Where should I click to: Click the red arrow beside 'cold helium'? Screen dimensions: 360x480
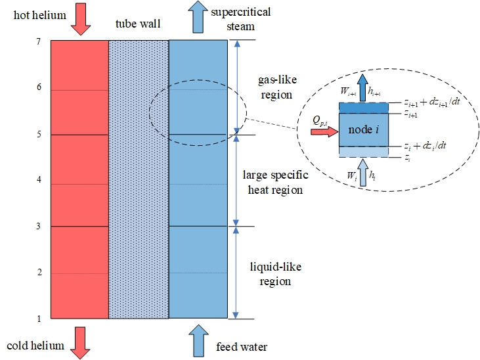(79, 344)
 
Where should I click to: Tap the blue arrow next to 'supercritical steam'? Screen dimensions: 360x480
(197, 17)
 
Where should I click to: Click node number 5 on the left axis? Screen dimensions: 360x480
(39, 135)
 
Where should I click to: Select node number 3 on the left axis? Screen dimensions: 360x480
(39, 227)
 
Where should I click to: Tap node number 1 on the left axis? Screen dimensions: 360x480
(39, 319)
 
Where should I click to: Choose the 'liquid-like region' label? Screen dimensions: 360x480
(271, 274)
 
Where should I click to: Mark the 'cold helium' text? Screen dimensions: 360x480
(35, 346)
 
